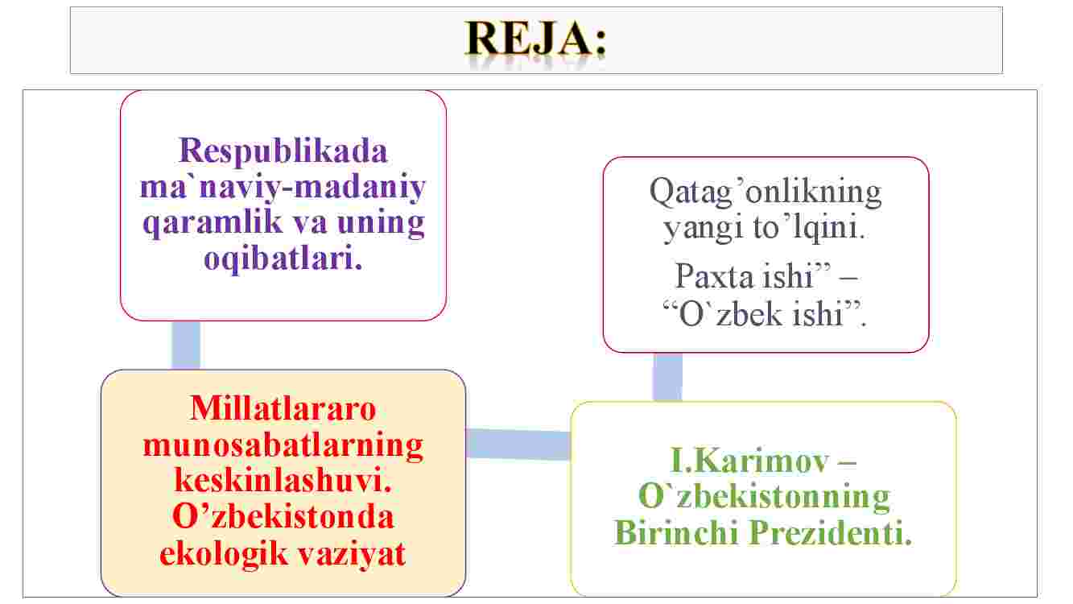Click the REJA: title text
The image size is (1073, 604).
click(536, 39)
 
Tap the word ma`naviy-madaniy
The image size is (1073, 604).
click(283, 188)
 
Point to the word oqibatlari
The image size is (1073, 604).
click(283, 259)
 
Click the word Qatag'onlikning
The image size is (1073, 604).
click(766, 192)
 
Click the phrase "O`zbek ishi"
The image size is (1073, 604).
click(765, 314)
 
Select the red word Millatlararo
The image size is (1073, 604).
click(283, 409)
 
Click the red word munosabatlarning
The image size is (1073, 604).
click(283, 446)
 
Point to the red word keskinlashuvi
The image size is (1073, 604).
click(283, 481)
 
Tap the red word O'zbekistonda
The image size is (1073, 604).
click(283, 517)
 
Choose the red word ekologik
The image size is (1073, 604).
click(224, 555)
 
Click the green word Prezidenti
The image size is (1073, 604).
click(831, 532)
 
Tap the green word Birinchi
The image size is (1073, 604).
click(676, 532)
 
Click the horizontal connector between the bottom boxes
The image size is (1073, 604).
click(518, 445)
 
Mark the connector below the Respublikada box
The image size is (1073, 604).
click(186, 345)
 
